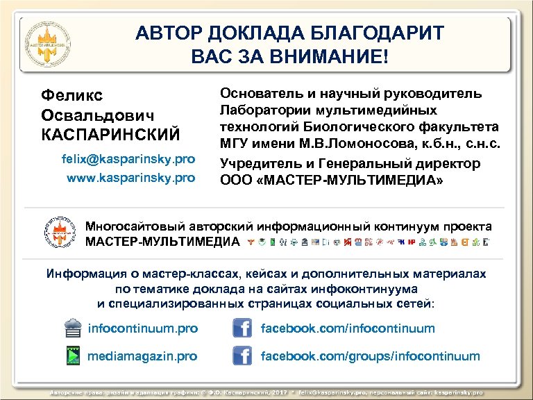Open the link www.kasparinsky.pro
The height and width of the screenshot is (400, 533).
[x=130, y=178]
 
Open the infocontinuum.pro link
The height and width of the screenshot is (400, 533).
[x=142, y=328]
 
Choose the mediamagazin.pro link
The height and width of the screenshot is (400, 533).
[x=142, y=356]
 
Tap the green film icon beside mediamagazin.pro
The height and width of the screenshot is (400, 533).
[x=72, y=356]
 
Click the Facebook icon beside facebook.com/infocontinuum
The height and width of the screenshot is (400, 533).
[x=241, y=328]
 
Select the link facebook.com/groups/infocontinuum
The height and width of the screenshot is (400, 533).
[x=370, y=356]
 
